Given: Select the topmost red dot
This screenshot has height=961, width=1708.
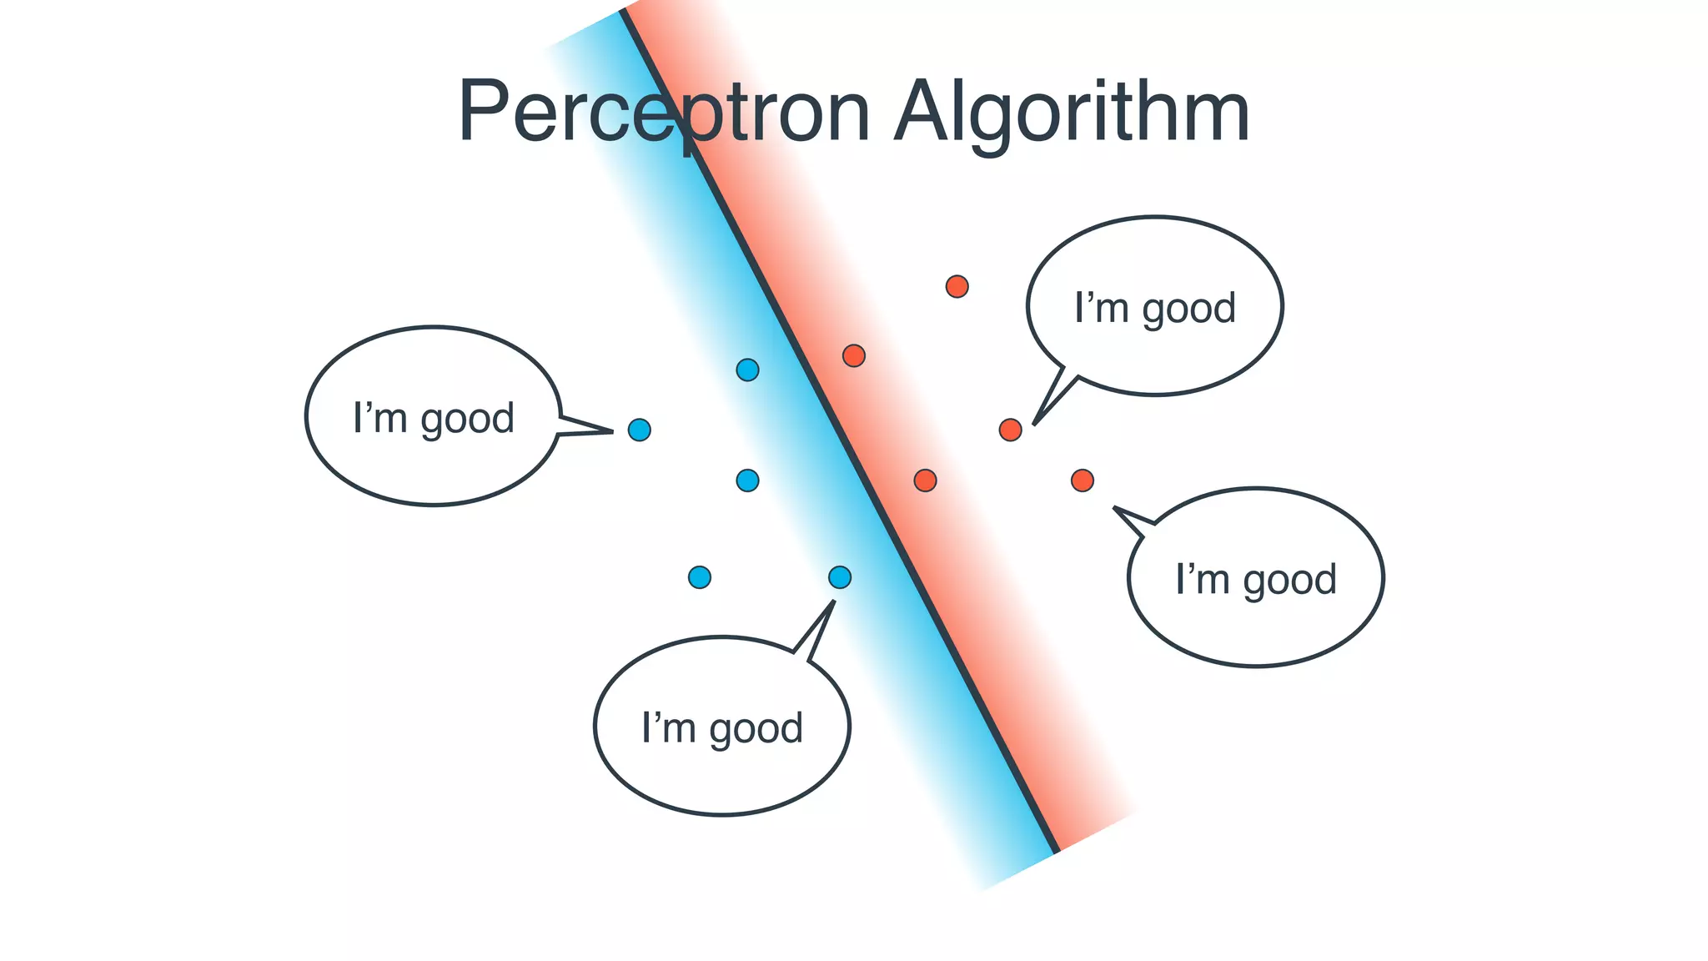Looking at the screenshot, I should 957,287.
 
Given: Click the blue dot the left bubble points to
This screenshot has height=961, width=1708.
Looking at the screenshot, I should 639,430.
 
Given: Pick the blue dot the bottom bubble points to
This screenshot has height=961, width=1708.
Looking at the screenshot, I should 840,577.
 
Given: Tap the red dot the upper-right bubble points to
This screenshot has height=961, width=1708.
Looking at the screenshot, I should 1010,430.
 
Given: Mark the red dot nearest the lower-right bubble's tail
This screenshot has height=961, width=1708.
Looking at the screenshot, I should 1082,480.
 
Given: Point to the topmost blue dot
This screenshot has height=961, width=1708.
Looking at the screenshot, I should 747,370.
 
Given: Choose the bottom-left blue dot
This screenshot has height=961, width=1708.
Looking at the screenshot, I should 700,577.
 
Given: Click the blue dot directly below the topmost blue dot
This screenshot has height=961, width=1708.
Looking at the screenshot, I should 747,480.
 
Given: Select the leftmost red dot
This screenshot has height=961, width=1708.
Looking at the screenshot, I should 853,356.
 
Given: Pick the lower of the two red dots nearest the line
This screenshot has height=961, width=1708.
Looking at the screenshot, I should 925,480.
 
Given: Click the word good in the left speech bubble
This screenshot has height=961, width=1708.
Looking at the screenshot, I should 467,419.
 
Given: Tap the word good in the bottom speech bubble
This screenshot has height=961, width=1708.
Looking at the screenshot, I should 756,728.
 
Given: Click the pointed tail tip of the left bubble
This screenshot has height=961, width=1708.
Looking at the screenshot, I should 612,431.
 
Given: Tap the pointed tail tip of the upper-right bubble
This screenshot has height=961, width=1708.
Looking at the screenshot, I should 1034,425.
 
